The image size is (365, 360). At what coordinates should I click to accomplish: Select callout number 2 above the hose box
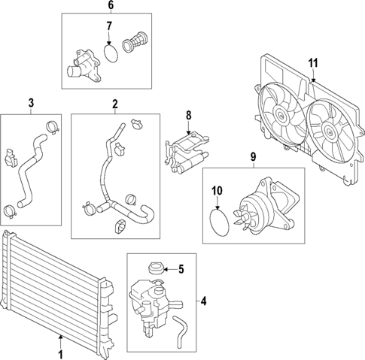pyautogui.click(x=115, y=103)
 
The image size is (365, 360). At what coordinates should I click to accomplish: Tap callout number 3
pyautogui.click(x=31, y=103)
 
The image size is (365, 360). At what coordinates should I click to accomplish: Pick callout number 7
pyautogui.click(x=109, y=26)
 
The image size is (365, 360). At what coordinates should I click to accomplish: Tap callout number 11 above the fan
pyautogui.click(x=314, y=62)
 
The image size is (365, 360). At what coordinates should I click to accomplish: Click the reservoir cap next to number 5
pyautogui.click(x=157, y=268)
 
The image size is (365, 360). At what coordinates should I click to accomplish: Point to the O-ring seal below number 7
pyautogui.click(x=111, y=54)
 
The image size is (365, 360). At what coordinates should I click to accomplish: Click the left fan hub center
pyautogui.click(x=280, y=116)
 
